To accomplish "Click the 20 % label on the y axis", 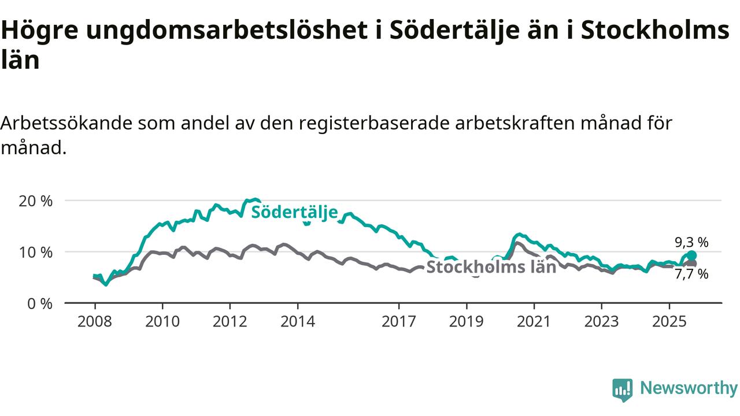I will click(x=36, y=201).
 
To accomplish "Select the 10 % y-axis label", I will click(x=36, y=252).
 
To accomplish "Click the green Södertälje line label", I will click(x=294, y=212).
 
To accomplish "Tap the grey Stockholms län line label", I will click(x=491, y=266).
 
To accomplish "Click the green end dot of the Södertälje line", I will click(x=691, y=255).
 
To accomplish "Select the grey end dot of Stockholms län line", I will click(x=692, y=263).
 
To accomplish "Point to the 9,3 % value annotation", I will click(x=691, y=242).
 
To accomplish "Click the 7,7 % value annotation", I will click(x=691, y=274).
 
